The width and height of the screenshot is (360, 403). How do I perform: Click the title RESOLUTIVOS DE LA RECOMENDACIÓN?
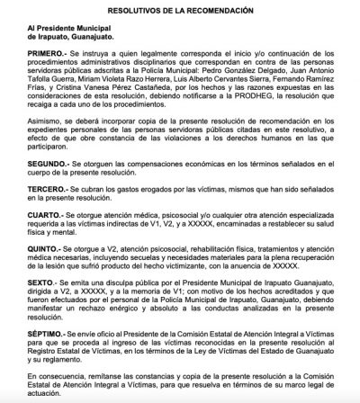click(180, 9)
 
